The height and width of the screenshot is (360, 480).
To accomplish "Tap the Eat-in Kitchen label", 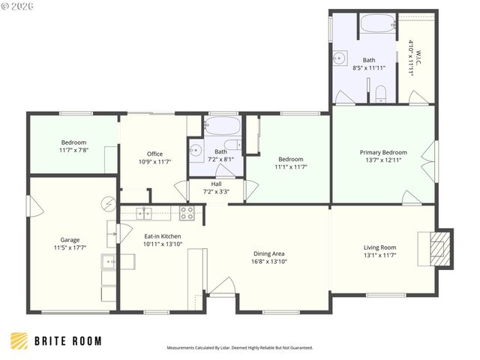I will (162, 236).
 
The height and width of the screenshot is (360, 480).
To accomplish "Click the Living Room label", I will (379, 247).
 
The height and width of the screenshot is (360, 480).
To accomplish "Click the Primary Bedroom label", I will (382, 151).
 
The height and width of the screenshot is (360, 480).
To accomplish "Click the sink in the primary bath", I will (340, 56).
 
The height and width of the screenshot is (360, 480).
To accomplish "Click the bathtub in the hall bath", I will (221, 125).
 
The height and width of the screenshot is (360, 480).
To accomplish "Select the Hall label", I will (216, 183).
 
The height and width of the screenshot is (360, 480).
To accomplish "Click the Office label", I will (154, 154).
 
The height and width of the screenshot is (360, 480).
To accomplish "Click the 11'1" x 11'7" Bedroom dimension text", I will (291, 166).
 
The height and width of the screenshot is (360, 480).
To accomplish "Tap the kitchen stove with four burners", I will (187, 214).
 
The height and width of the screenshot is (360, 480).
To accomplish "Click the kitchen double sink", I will (142, 213).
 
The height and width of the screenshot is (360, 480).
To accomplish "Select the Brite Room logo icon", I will (19, 340).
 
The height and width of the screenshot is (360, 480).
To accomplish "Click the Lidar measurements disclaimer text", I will (239, 348).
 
